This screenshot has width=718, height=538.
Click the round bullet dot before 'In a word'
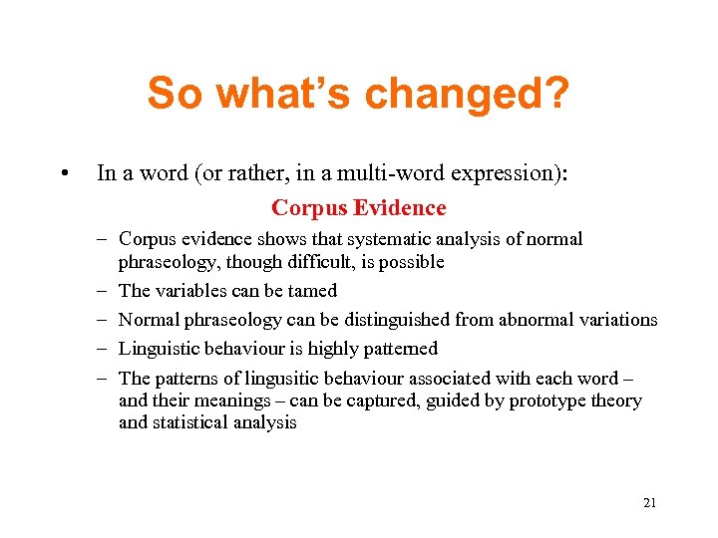[64, 173]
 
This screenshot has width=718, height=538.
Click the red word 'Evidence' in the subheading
[405, 208]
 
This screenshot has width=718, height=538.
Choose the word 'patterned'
[400, 349]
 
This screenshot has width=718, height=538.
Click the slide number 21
[649, 503]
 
